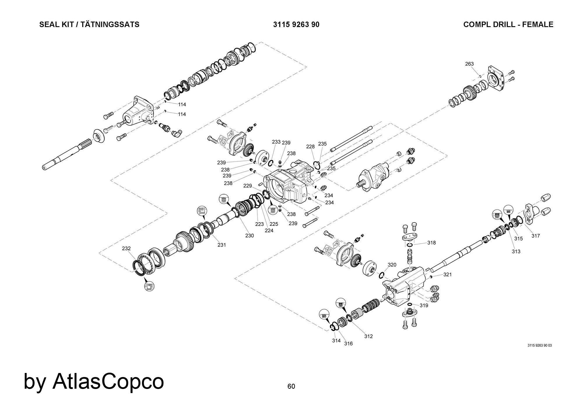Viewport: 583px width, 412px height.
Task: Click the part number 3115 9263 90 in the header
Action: [296, 24]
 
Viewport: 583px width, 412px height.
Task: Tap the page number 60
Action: [291, 386]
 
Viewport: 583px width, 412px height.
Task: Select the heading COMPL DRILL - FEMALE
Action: [508, 24]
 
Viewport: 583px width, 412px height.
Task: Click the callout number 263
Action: [469, 64]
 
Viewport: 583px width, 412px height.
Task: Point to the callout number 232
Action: [126, 249]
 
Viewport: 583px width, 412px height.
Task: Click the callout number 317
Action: [535, 236]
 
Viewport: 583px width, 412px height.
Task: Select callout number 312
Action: [368, 336]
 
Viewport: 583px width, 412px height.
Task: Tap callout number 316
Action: [348, 344]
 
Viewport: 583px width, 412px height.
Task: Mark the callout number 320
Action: [392, 265]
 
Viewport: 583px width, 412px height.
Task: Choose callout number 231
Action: [222, 245]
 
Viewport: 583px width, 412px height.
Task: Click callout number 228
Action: [310, 147]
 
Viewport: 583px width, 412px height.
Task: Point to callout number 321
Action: [447, 274]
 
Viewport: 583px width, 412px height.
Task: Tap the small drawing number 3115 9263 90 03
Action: [539, 346]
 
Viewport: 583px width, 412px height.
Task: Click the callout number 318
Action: [431, 243]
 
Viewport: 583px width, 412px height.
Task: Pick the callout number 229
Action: [247, 186]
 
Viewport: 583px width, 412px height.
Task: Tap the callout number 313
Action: [516, 251]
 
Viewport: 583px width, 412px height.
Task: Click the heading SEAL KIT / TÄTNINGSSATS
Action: [89, 24]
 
